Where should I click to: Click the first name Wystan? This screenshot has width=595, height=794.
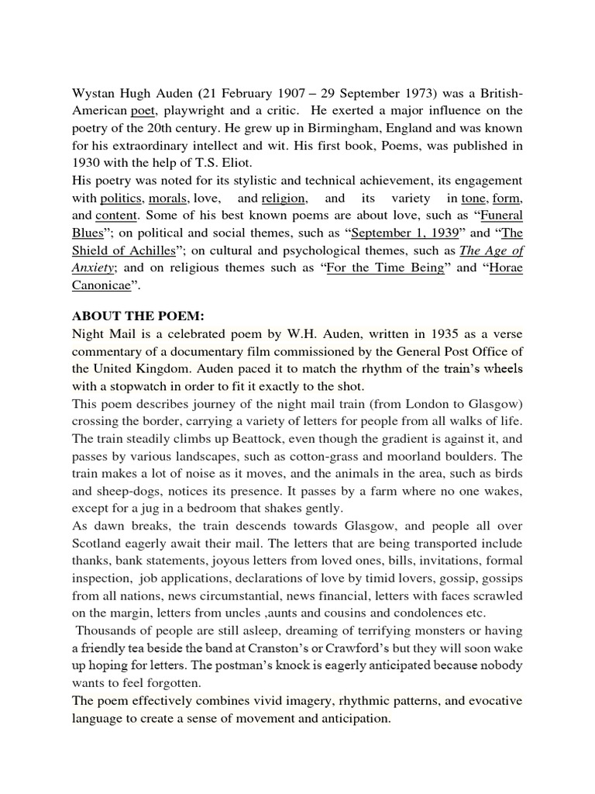click(95, 93)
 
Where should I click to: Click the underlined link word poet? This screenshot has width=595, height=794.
click(144, 110)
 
